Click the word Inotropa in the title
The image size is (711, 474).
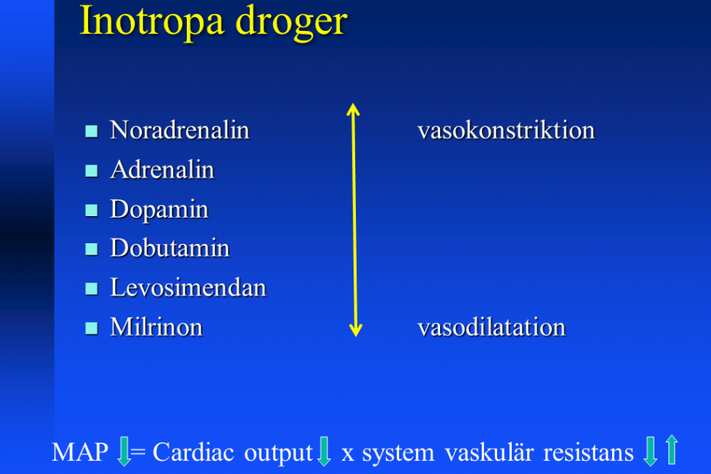click(152, 22)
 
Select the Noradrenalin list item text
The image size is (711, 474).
click(180, 130)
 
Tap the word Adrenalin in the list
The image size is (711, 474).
click(162, 170)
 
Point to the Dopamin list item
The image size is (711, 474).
click(159, 210)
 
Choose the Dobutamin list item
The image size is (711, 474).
click(170, 249)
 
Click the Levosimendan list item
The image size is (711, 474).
click(188, 288)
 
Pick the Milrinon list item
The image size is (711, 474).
click(157, 327)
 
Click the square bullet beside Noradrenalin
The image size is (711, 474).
click(92, 131)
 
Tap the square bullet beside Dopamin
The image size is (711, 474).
click(92, 210)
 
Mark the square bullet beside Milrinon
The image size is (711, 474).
click(92, 328)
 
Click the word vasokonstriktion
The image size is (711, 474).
click(506, 130)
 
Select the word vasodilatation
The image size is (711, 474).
click(492, 327)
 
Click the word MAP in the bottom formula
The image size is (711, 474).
click(80, 452)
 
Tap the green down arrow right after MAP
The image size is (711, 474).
click(124, 451)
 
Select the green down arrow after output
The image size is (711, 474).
click(323, 451)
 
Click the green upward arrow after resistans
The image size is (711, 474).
click(672, 449)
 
